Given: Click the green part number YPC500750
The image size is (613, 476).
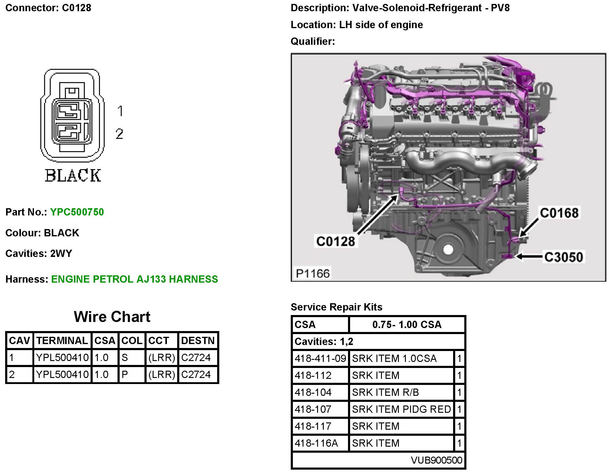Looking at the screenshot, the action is pos(77,212).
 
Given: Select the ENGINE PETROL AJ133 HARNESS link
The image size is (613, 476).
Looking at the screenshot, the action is pos(134,279).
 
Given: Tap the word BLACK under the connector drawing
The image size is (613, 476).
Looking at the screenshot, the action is pos(73,176).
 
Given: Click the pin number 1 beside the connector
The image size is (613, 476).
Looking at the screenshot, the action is pos(120,111).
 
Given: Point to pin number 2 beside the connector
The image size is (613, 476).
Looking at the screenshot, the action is pos(120,134).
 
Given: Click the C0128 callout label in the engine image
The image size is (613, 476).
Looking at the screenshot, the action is pos(336,241).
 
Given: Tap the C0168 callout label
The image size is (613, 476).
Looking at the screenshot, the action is pos(559,213).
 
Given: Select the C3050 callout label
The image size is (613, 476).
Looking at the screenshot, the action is pos(564,257).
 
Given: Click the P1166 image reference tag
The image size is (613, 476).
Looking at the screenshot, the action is pos(313,273).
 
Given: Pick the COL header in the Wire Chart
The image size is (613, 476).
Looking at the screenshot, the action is pos(132,341).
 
